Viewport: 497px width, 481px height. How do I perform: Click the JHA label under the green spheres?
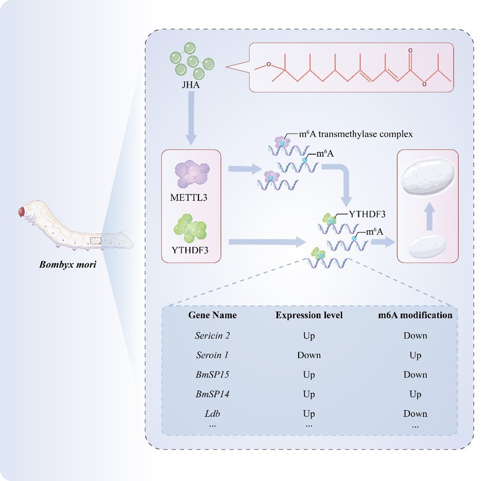coord(193,96)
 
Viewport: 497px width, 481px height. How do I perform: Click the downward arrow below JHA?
coord(193,124)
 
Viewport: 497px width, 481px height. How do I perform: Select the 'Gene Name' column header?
coord(212,316)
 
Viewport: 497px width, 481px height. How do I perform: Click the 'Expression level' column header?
coord(309,316)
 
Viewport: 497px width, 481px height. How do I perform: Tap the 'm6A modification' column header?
coord(415,316)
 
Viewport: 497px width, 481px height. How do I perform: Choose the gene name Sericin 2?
coord(212,336)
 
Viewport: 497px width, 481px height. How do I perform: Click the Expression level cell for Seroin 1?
coord(309,355)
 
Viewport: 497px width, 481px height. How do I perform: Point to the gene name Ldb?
coord(212,413)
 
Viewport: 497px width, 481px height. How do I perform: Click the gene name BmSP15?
coord(212,375)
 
